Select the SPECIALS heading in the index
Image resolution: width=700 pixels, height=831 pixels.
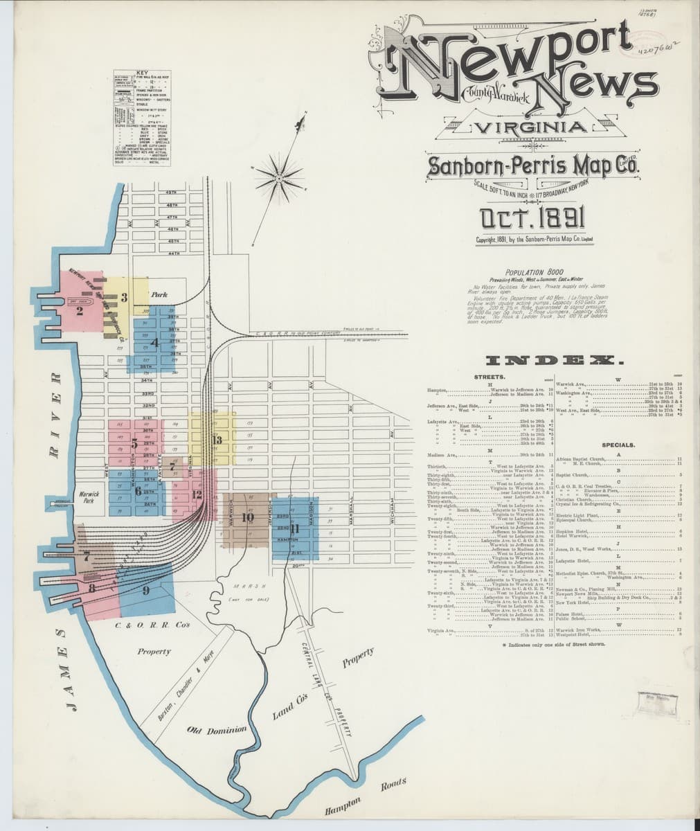coord(618,445)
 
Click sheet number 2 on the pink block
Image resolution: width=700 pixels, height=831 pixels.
coord(80,311)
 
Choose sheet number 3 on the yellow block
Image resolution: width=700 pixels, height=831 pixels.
coord(123,298)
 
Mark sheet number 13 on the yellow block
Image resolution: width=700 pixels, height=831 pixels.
coord(217,439)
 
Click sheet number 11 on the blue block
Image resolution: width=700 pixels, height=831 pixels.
coord(296,530)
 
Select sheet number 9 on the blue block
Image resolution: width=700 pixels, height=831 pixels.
coord(145,590)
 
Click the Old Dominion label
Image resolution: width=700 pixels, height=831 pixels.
coord(217,730)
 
